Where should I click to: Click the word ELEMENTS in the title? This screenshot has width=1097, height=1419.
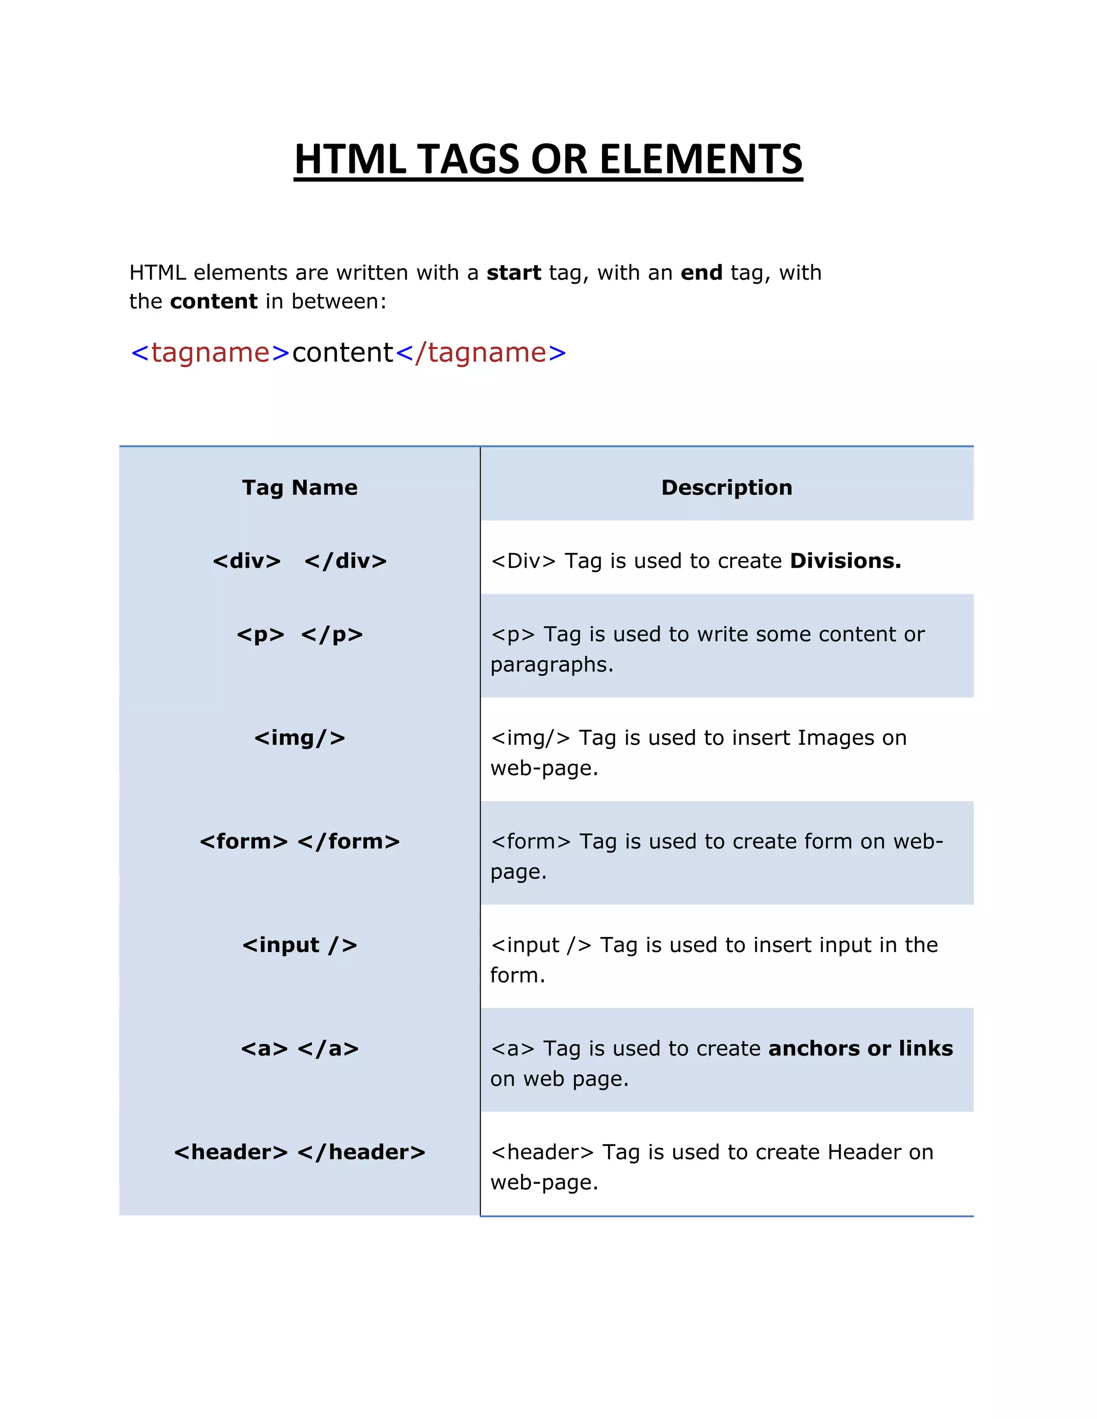point(701,159)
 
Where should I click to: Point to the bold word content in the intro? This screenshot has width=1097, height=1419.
point(214,301)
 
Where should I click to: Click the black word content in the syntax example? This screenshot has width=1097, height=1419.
point(342,353)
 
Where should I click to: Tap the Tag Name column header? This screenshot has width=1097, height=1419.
point(299,487)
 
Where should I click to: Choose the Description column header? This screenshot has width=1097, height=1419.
point(726,487)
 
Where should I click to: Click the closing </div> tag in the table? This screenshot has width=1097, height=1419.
point(345,561)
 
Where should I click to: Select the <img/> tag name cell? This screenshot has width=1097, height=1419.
point(299,738)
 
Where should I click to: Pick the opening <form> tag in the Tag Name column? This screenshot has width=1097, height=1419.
point(244,841)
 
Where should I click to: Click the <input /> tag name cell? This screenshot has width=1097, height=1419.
point(299,945)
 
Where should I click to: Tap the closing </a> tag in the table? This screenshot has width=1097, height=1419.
point(328,1048)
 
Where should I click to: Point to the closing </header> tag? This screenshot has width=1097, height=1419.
point(362,1152)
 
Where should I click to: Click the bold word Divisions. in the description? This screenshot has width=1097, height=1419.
point(845,561)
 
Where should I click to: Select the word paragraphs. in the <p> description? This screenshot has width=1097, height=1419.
point(552,665)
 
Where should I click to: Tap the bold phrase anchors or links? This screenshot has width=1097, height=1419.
point(860,1048)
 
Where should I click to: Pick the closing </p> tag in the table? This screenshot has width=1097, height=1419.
point(332,634)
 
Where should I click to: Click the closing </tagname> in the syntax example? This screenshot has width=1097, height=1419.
point(481,353)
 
